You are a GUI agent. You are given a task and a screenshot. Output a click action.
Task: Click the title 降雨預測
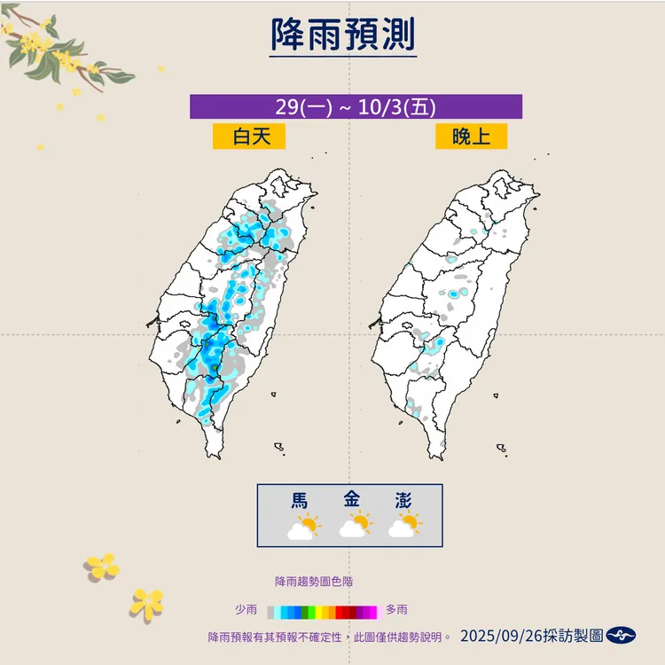[342, 36]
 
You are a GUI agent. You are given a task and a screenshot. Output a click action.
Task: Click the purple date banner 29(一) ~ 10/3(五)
[356, 106]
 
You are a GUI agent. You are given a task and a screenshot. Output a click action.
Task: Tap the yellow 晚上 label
[471, 136]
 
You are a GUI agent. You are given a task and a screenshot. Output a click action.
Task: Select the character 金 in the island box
[352, 500]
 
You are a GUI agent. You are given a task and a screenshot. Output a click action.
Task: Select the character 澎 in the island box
[403, 500]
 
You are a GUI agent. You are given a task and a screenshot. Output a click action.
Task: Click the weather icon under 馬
[301, 528]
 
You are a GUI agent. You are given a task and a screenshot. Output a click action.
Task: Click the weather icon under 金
[354, 528]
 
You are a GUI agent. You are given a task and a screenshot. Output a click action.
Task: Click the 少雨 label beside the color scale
[246, 610]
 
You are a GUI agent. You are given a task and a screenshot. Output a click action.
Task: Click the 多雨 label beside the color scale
[396, 610]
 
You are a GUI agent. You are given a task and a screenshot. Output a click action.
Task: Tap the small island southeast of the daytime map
[278, 449]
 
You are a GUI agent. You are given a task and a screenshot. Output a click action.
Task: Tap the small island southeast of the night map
[502, 449]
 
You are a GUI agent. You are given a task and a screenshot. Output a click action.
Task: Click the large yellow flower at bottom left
[102, 565]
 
